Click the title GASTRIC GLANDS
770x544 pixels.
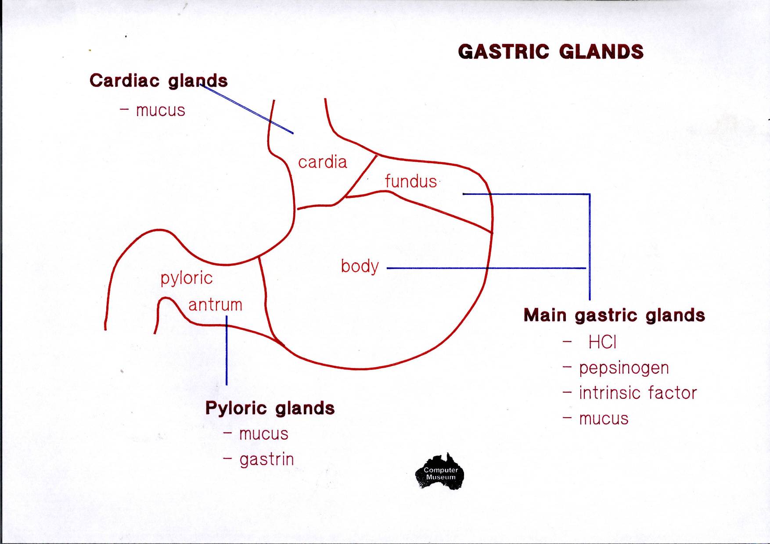(551, 52)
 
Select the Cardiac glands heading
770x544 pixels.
(158, 81)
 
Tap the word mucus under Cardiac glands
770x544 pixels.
(160, 111)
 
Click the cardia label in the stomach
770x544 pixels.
(322, 162)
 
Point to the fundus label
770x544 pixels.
(411, 181)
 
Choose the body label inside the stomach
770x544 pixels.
(360, 266)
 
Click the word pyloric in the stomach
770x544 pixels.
(187, 278)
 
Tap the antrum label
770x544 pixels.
(215, 304)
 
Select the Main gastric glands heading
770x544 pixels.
(614, 315)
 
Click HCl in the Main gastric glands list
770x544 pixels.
(602, 342)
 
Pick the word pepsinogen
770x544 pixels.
(624, 368)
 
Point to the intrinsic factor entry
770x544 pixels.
(637, 393)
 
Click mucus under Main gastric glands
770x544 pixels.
(604, 419)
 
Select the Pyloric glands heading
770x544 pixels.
(270, 408)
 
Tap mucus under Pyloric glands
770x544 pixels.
(264, 434)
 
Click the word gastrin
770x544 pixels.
(266, 460)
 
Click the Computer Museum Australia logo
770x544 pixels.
(440, 472)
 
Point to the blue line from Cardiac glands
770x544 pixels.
(248, 109)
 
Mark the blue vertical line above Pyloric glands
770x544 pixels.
(227, 351)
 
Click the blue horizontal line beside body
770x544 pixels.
(483, 268)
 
